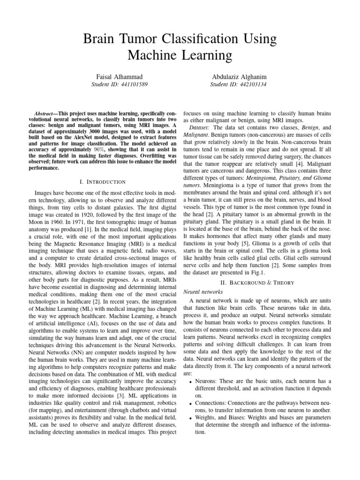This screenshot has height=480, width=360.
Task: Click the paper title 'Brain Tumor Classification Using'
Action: (x=180, y=38)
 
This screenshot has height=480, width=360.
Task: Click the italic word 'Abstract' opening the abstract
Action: (x=45, y=114)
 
